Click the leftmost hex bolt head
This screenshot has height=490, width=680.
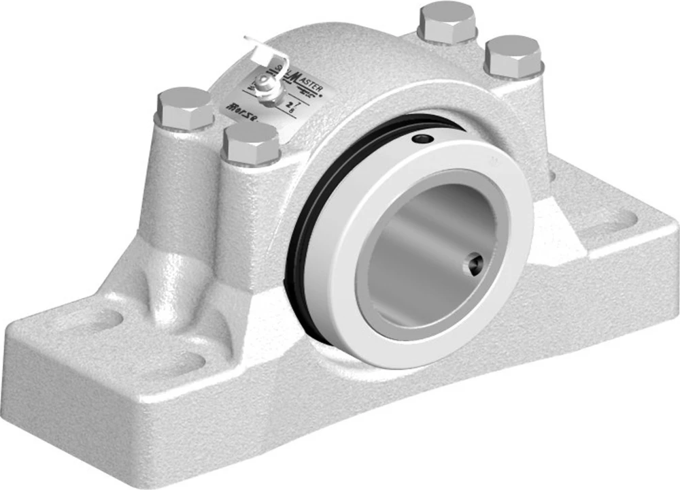(185, 108)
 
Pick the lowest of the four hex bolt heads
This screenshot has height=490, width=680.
(251, 144)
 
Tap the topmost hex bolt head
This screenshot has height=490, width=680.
(447, 22)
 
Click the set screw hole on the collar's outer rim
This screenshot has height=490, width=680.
(423, 140)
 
